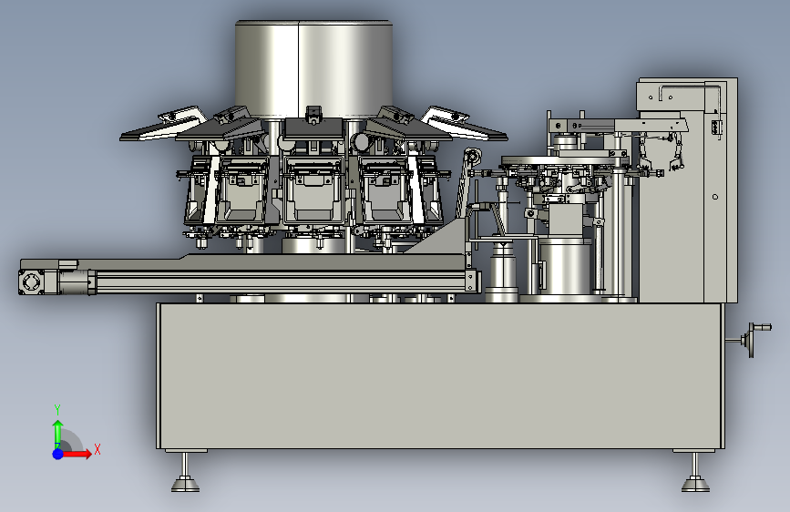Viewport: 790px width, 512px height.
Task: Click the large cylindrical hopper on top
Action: tap(313, 69)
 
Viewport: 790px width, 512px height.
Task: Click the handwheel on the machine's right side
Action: tap(754, 339)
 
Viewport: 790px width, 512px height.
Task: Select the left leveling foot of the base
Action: tap(185, 473)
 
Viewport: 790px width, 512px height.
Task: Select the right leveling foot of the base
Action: tap(696, 473)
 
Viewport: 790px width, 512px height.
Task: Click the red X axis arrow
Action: tap(77, 454)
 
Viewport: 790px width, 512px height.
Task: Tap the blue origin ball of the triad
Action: tap(58, 454)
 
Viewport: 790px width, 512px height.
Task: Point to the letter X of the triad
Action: tap(97, 449)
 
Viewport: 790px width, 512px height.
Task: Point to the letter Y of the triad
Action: tap(57, 410)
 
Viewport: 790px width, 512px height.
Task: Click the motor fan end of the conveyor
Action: tap(31, 282)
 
